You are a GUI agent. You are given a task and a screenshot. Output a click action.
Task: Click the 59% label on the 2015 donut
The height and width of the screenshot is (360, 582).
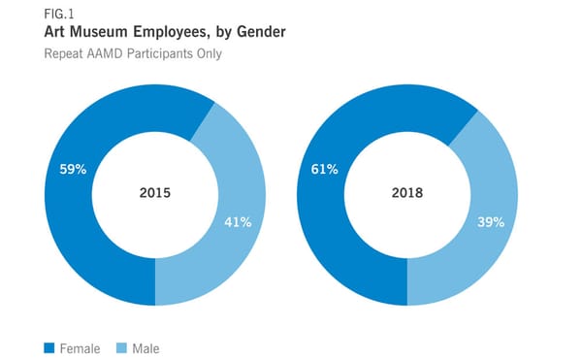pyautogui.click(x=73, y=169)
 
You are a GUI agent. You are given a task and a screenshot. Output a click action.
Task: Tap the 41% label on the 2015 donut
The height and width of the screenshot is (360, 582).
pyautogui.click(x=238, y=221)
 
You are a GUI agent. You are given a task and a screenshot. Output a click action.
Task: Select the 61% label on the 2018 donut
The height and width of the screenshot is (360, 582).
pyautogui.click(x=324, y=170)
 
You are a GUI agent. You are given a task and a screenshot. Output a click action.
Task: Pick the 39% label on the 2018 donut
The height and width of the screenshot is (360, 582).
pyautogui.click(x=490, y=221)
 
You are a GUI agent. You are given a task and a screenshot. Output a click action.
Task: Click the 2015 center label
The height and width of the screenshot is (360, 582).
pyautogui.click(x=154, y=193)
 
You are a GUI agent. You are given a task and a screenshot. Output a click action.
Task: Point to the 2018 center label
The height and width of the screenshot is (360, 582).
pyautogui.click(x=406, y=193)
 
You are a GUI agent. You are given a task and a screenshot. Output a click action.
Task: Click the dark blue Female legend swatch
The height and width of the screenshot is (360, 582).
pyautogui.click(x=48, y=347)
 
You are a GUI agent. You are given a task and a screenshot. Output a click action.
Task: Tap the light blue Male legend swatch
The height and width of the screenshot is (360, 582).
pyautogui.click(x=121, y=347)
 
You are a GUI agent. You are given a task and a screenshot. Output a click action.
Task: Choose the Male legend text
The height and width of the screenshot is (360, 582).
pyautogui.click(x=146, y=347)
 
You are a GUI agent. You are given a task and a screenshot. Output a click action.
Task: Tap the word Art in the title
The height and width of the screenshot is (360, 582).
pyautogui.click(x=56, y=32)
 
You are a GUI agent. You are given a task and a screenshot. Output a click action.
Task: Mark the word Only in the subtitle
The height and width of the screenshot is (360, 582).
pyautogui.click(x=209, y=53)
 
